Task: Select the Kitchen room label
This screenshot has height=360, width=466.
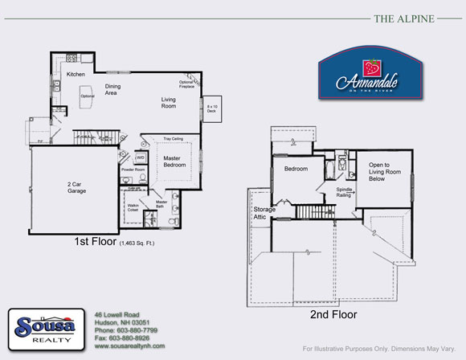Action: coord(76,74)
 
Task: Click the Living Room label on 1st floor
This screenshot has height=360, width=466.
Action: coord(169,102)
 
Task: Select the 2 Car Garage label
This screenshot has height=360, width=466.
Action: coord(77,186)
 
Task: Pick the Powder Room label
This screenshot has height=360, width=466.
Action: coord(133,170)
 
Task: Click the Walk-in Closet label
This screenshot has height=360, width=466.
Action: coord(134,208)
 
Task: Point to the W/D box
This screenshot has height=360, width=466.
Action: coord(140,157)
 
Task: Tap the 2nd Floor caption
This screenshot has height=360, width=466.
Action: coord(333,315)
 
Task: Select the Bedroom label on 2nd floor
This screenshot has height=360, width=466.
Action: coord(296,169)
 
